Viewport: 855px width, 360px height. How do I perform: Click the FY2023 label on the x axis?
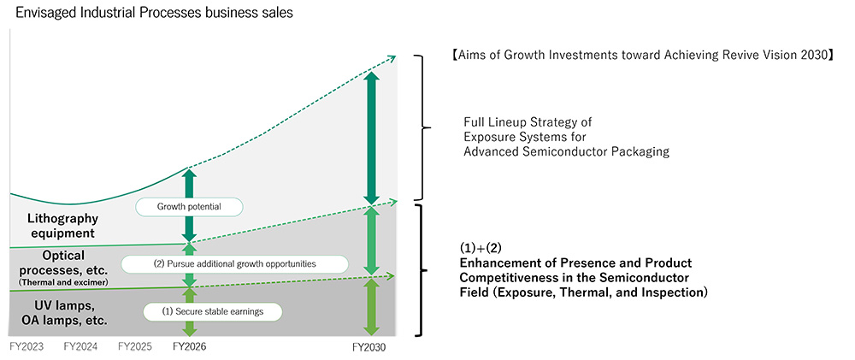27,346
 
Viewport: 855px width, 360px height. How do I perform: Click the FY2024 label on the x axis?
80,346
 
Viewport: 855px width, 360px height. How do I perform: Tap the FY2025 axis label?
134,346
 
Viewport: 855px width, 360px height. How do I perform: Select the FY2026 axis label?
189,346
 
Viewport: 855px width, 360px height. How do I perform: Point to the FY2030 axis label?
370,347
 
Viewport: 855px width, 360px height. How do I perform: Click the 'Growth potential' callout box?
189,207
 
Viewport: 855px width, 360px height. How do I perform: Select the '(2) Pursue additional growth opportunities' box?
234,264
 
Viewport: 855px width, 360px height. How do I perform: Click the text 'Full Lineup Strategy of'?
528,122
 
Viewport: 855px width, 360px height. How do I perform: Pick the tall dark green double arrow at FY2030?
371,138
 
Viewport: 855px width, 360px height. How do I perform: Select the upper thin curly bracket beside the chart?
421,127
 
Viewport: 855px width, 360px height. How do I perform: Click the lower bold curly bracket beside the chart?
421,269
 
